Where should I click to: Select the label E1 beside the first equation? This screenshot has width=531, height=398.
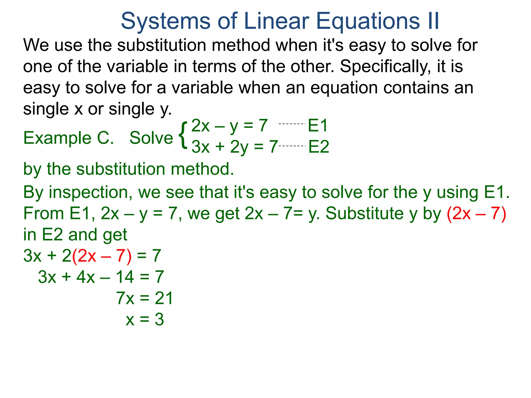(x=318, y=126)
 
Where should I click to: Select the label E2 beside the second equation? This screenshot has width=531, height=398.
(x=319, y=147)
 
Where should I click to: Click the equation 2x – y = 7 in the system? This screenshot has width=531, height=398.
(x=229, y=126)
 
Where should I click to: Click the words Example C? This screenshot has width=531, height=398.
(x=68, y=138)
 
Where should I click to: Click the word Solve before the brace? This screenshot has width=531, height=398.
(x=151, y=138)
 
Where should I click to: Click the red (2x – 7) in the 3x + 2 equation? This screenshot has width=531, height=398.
(x=102, y=256)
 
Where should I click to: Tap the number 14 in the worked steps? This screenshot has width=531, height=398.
(x=125, y=277)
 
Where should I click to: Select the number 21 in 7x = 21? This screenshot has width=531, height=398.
(x=164, y=298)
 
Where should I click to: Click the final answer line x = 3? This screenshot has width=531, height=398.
(x=145, y=319)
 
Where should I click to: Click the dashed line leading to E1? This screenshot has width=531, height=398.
(x=292, y=124)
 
